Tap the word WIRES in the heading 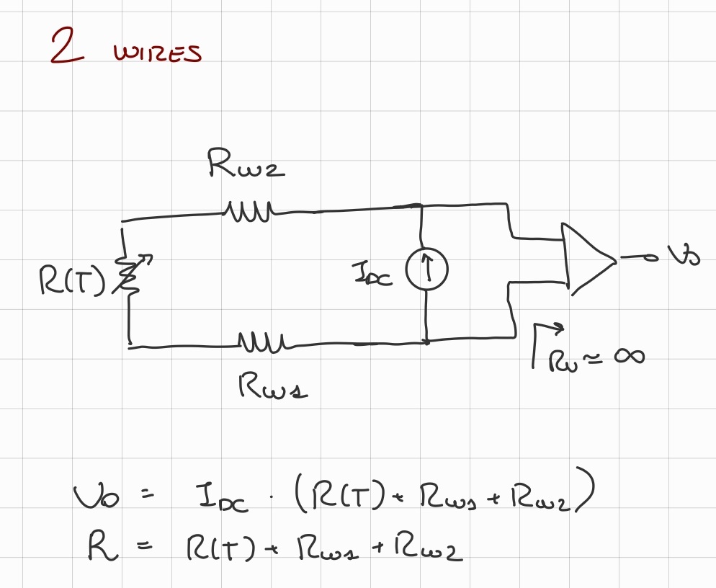coord(157,53)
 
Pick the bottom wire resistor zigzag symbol coord(262,340)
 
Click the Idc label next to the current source coord(372,275)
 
